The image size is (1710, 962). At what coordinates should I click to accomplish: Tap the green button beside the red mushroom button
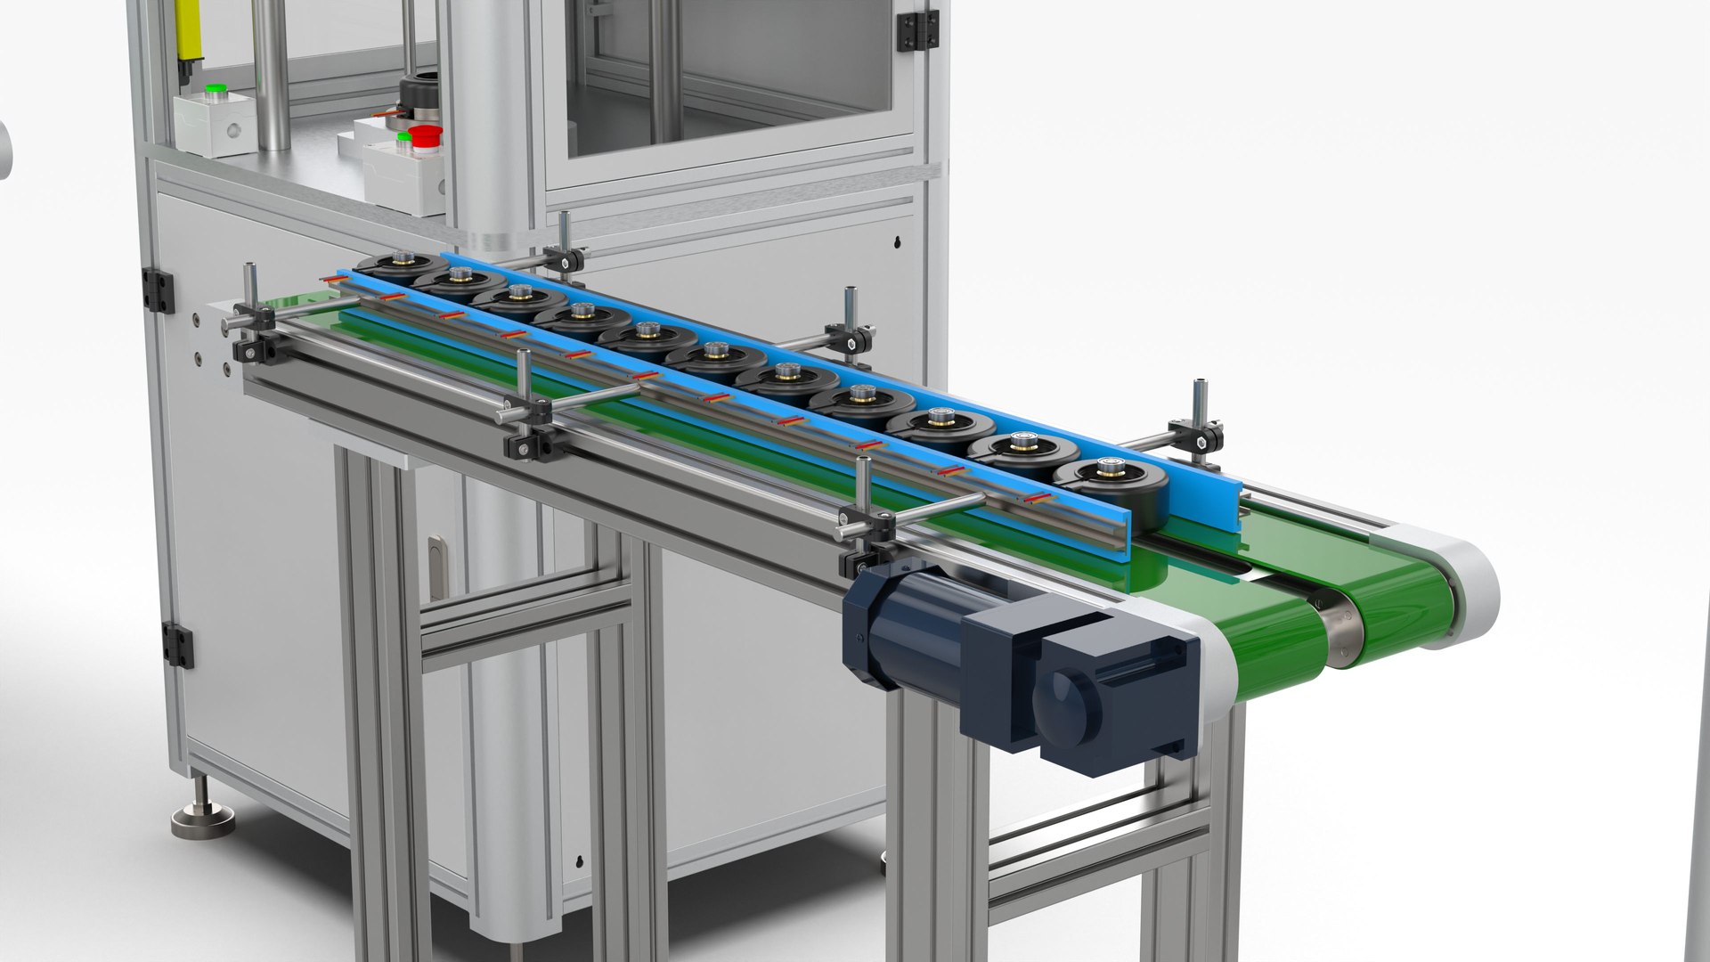click(x=403, y=137)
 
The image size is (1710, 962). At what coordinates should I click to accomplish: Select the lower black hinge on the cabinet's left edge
click(x=176, y=645)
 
